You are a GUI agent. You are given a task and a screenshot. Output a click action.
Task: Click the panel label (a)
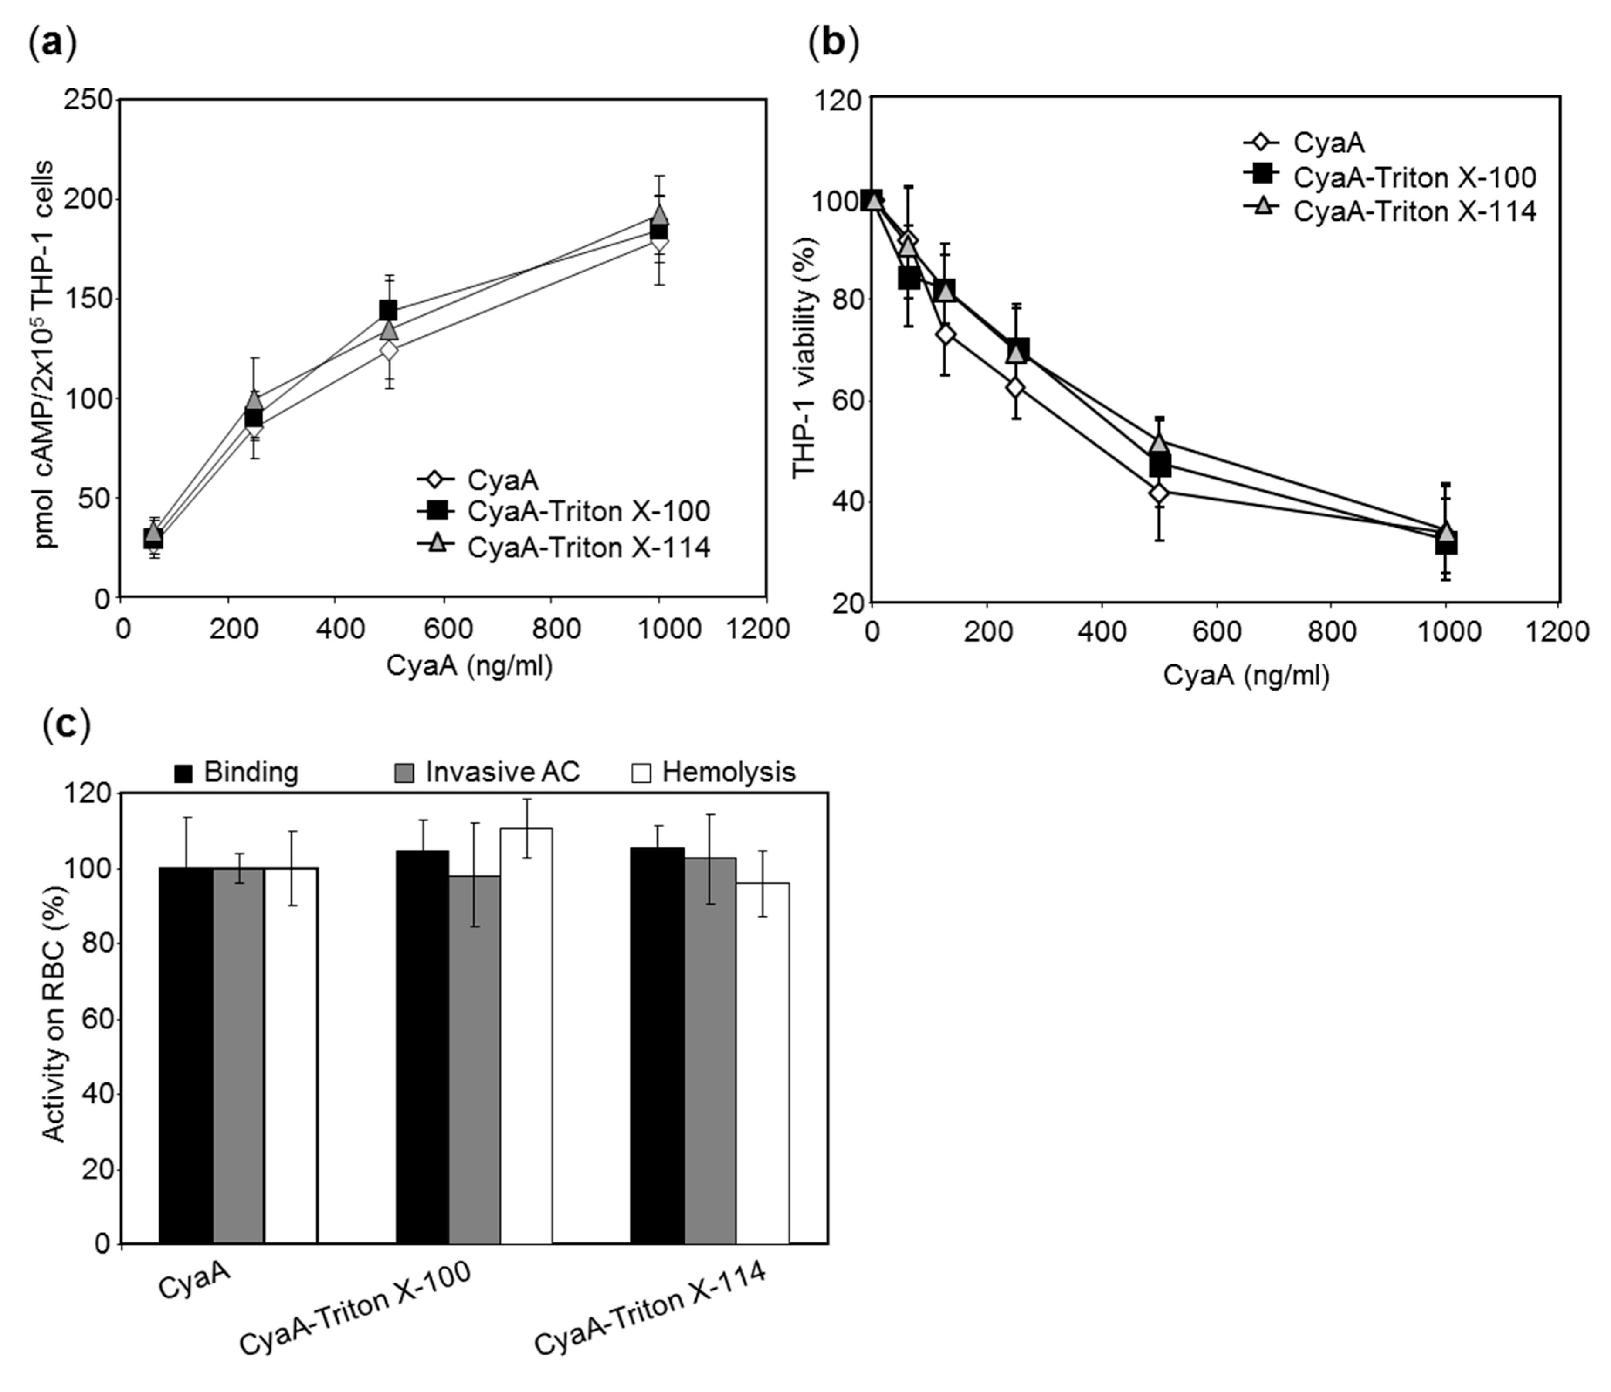pos(52,44)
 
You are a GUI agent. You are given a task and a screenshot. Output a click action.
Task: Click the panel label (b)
pos(834,44)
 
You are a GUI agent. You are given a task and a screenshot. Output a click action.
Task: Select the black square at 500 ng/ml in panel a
pos(388,310)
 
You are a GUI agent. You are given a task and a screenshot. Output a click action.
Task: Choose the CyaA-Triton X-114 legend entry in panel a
pos(564,548)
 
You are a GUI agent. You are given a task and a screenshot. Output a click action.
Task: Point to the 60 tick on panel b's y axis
pos(848,401)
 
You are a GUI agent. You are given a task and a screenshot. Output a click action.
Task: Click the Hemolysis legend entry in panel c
pos(712,772)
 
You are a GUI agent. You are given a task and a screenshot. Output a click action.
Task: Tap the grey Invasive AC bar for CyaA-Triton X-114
pos(710,1050)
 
